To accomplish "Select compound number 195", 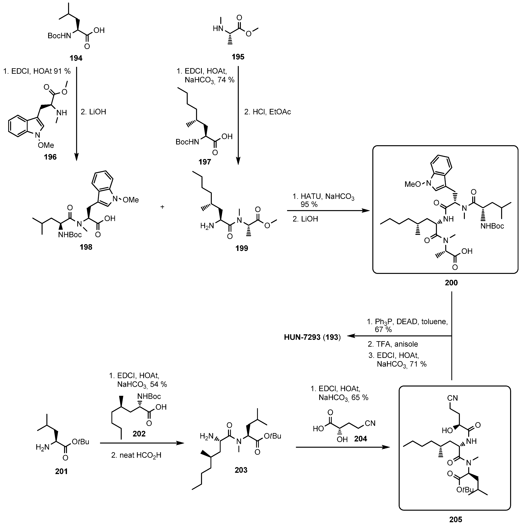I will click(238, 57).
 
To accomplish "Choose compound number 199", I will click(242, 248).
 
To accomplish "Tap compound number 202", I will click(139, 434).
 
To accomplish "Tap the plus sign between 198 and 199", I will click(162, 207).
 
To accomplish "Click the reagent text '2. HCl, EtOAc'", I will click(267, 112).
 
